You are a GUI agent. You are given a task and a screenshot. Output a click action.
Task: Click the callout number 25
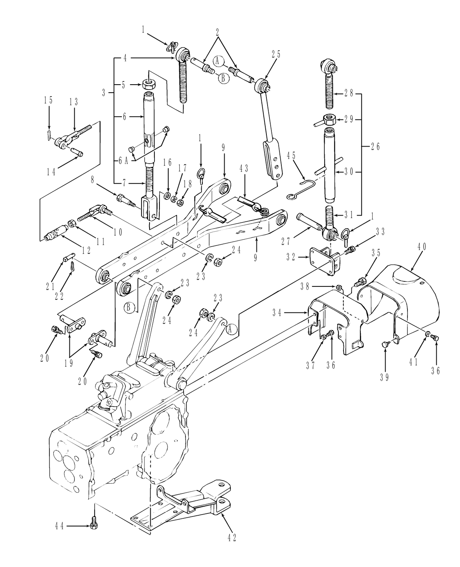click(276, 54)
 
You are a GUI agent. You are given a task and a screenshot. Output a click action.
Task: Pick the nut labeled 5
click(148, 83)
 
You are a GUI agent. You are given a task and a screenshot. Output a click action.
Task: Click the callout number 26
click(376, 146)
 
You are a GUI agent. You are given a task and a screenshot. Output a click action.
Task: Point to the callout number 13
click(74, 102)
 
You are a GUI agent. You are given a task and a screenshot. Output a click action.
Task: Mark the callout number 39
click(384, 377)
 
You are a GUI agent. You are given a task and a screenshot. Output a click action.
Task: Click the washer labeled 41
click(427, 334)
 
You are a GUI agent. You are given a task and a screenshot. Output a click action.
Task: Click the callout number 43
click(244, 168)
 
